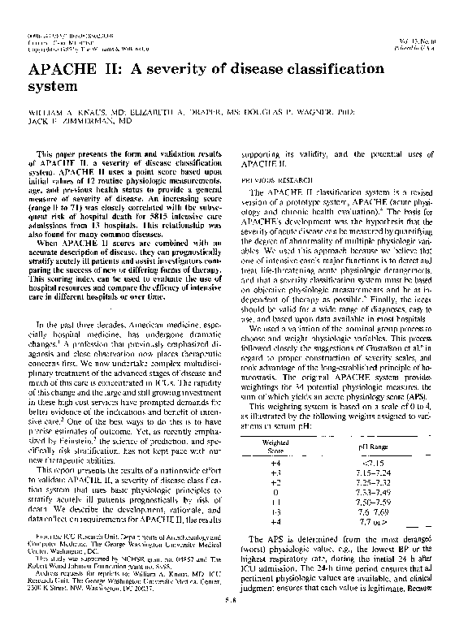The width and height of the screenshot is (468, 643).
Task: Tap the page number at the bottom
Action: pos(234,624)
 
